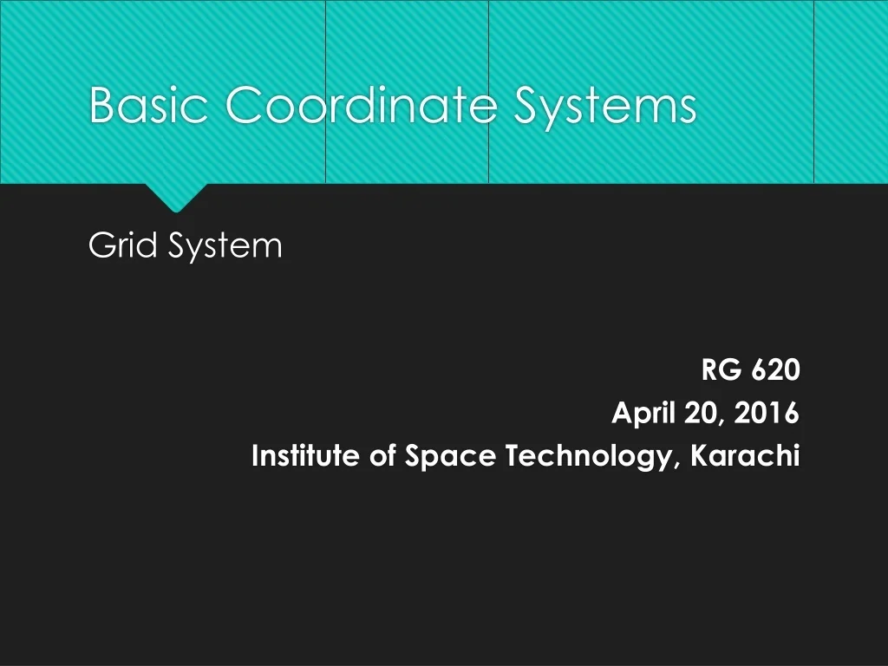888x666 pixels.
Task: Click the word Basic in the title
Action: point(148,106)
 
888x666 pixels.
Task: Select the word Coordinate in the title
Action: point(361,106)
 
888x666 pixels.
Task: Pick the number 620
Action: point(775,371)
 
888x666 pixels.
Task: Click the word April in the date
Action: point(644,415)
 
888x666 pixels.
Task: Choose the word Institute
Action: point(306,456)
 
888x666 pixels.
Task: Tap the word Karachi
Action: point(745,456)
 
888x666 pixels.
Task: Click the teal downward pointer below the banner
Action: point(176,197)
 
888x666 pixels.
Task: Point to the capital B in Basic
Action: point(102,106)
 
